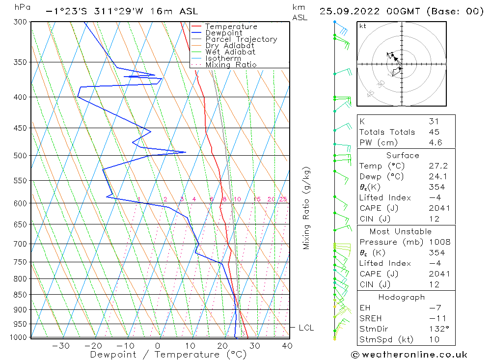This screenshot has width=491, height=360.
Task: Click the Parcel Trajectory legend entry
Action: [x=241, y=39]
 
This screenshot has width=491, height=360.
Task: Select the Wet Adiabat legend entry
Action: [x=230, y=52]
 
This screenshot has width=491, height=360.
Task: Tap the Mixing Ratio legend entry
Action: [x=231, y=65]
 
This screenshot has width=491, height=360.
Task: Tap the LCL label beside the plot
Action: [x=306, y=328]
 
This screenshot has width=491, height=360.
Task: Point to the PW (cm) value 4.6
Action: [x=436, y=143]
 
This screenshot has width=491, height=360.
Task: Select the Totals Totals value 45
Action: [x=434, y=132]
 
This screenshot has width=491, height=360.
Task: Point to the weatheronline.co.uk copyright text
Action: [x=409, y=355]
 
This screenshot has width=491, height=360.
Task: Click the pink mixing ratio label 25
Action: [x=283, y=199]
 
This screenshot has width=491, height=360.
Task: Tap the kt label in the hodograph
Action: [x=363, y=26]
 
